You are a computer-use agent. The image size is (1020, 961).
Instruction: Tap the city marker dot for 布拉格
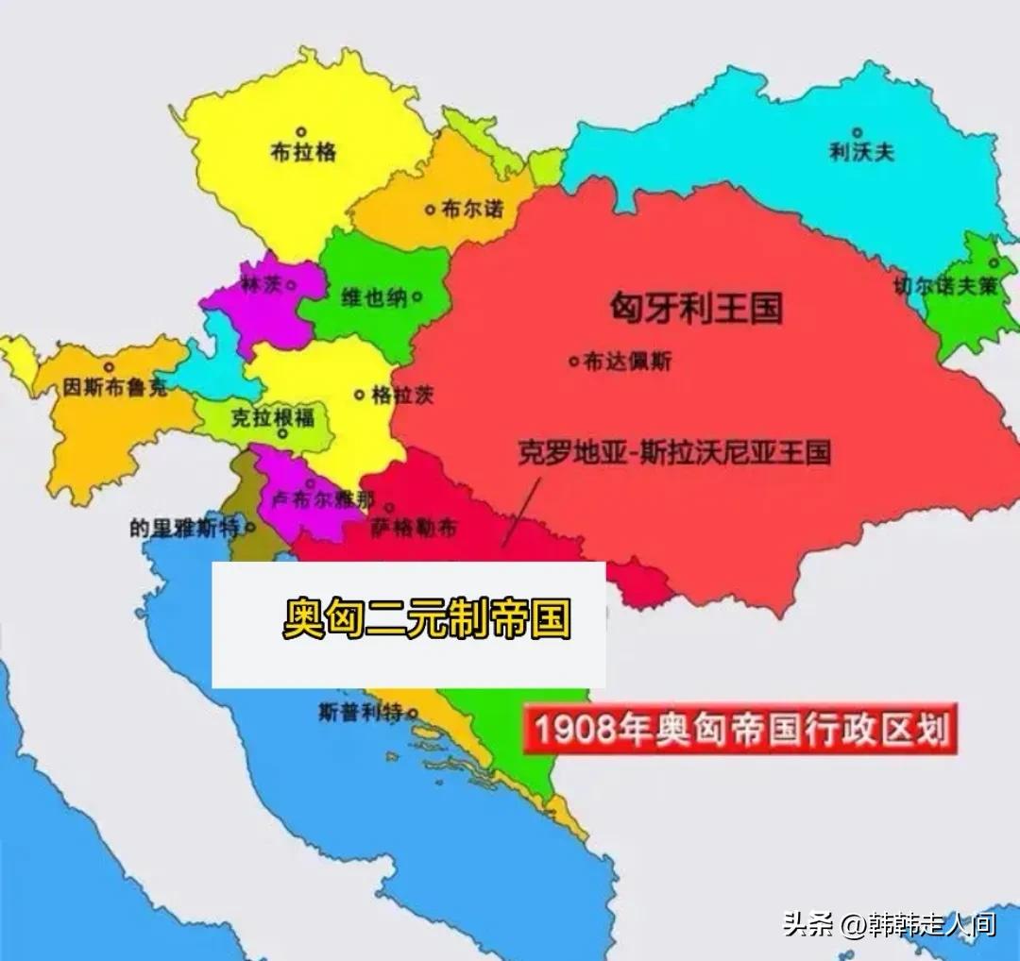301,131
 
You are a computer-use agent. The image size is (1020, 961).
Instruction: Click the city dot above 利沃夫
858,132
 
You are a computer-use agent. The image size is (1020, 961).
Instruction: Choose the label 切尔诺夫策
946,287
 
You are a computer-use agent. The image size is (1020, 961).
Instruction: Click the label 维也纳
374,297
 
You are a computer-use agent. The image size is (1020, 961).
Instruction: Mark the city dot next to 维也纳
416,297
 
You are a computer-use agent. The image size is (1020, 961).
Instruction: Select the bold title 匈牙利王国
697,309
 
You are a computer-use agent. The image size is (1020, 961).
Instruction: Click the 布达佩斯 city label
627,361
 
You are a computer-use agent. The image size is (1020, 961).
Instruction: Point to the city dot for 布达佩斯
573,360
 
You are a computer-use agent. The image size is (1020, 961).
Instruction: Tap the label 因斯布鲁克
116,387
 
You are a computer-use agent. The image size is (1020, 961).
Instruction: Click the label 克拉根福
273,417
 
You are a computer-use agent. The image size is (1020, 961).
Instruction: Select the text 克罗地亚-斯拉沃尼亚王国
674,453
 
